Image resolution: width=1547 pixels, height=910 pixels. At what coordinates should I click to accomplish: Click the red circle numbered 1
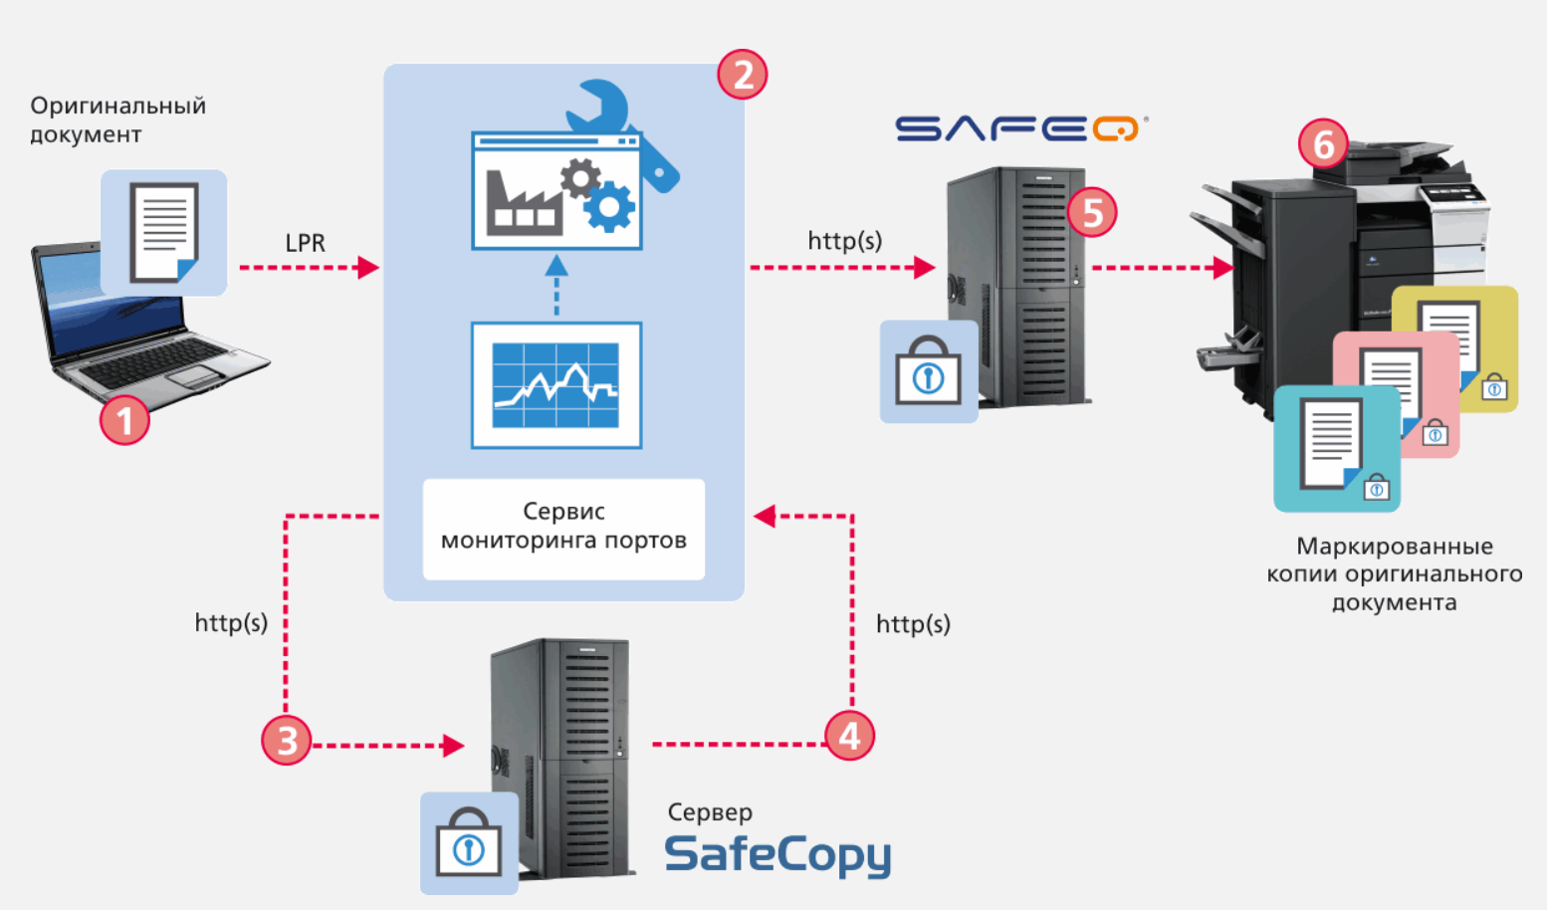124,419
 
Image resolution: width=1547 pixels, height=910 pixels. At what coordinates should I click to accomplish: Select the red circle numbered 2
743,75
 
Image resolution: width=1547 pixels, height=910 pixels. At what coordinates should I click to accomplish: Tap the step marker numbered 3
287,741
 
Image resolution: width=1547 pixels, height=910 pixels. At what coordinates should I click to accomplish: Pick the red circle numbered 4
849,736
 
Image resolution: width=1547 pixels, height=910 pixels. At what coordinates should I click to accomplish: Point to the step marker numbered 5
1092,212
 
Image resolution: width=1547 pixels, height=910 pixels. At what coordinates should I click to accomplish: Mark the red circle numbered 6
1323,144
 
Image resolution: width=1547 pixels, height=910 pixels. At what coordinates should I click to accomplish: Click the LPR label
305,243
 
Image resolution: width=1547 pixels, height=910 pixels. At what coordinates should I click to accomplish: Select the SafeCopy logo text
777,854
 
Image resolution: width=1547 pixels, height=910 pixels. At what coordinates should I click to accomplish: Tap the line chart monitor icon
556,385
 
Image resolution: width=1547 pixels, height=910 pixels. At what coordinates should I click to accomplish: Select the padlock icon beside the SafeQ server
929,371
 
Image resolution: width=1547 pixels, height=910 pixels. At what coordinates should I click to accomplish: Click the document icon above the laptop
164,233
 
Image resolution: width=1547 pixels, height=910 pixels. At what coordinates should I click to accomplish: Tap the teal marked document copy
1336,449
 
